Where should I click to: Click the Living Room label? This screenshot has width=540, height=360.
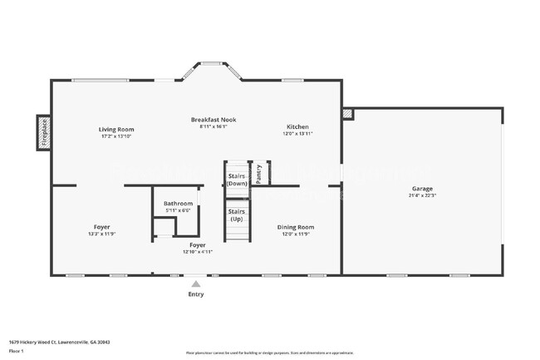116,129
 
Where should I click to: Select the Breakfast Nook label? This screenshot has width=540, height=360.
214,120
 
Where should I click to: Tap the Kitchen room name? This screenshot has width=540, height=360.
297,126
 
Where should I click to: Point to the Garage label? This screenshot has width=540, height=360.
422,189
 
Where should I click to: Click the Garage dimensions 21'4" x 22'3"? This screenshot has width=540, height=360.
422,195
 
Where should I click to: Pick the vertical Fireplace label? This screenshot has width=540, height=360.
44,133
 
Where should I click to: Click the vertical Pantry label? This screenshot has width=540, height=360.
259,174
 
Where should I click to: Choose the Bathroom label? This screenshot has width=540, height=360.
178,204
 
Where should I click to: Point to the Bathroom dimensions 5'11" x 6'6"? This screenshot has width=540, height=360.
178,210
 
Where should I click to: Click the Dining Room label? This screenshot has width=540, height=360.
295,226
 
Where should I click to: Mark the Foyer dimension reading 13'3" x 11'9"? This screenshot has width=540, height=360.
102,234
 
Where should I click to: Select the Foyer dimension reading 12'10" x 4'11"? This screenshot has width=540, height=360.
197,251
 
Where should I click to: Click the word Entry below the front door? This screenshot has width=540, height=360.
195,294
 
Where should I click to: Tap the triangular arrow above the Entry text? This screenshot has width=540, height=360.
195,284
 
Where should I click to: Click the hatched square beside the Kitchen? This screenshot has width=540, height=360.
347,113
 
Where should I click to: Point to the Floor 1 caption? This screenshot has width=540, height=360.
17,351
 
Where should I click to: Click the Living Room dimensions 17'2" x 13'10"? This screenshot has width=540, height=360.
116,136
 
